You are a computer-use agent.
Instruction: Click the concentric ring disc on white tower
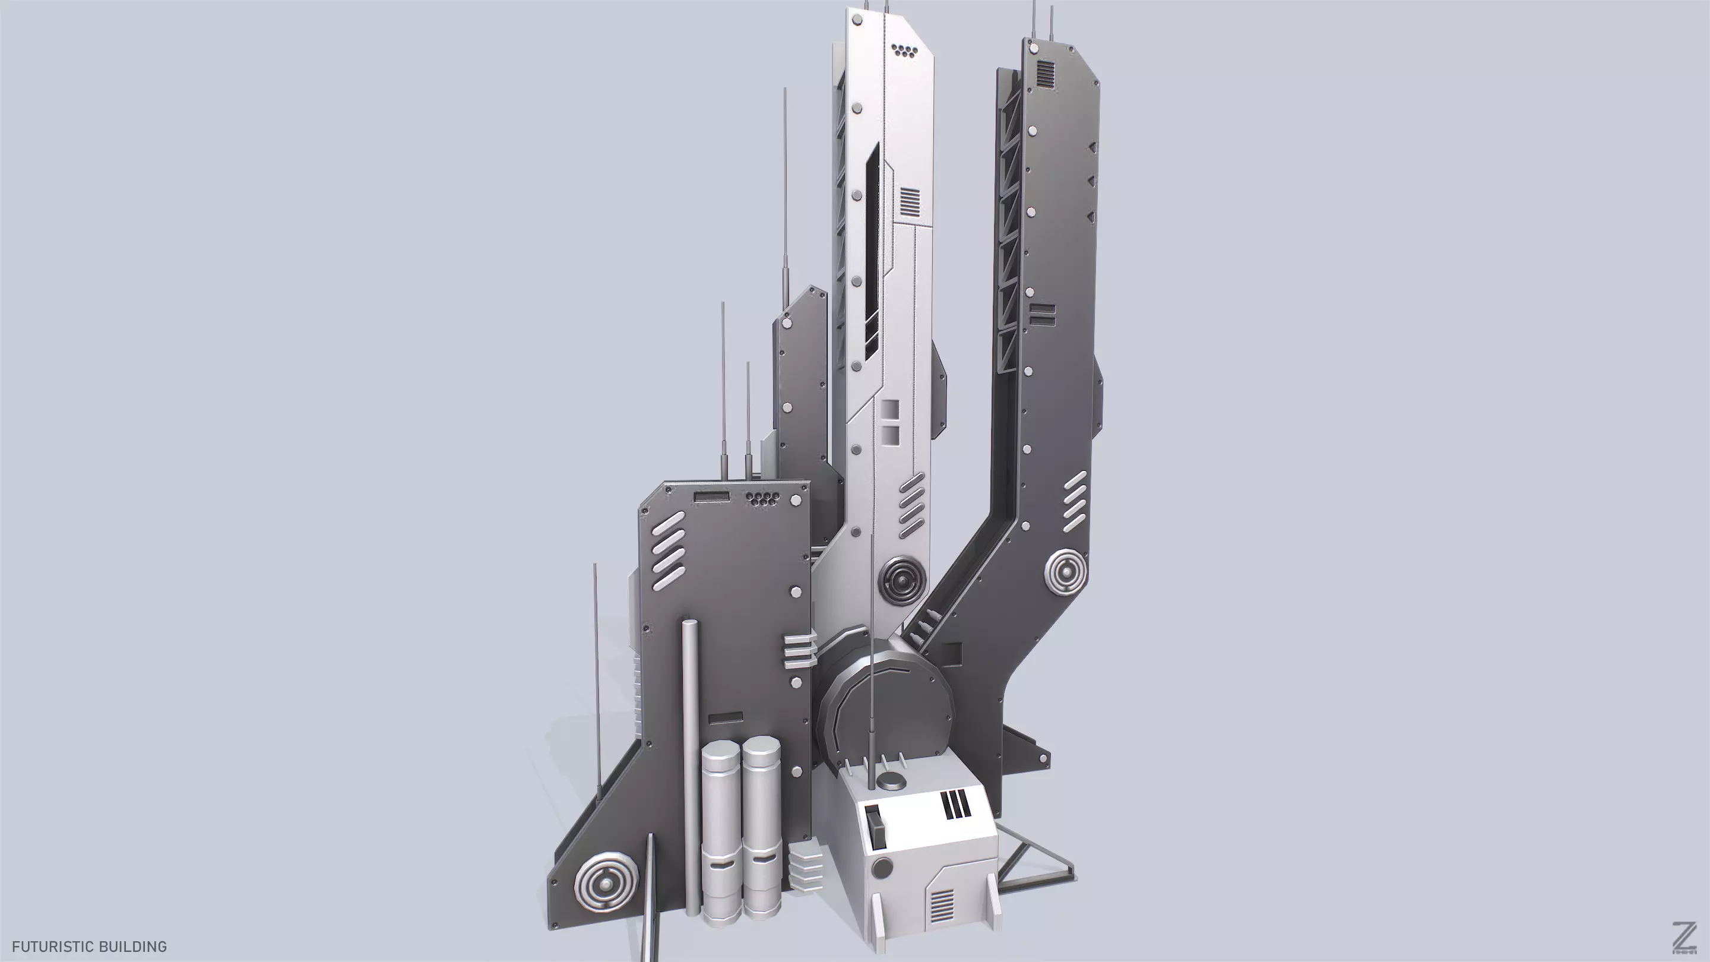901,582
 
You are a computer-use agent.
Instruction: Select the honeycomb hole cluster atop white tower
902,51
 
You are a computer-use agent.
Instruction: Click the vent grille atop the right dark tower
1045,74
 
